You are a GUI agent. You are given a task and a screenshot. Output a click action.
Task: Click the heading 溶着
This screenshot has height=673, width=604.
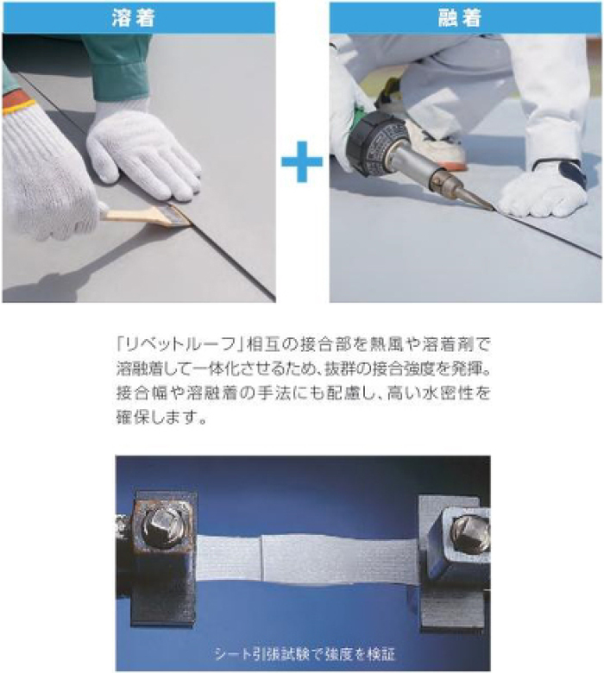133,17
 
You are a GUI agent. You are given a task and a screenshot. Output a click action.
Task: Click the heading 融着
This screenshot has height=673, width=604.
460,17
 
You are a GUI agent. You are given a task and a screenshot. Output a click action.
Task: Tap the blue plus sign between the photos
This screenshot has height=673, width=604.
302,161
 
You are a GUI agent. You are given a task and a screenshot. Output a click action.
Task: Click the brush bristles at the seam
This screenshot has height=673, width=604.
177,214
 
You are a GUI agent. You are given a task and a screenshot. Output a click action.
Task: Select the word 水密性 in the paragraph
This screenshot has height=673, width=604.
447,393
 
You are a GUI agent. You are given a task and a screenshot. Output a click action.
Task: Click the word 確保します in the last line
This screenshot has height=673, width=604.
157,418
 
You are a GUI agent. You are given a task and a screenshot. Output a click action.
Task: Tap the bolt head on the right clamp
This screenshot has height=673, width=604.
470,533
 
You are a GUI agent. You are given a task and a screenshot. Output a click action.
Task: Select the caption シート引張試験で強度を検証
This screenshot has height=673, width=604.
304,654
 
